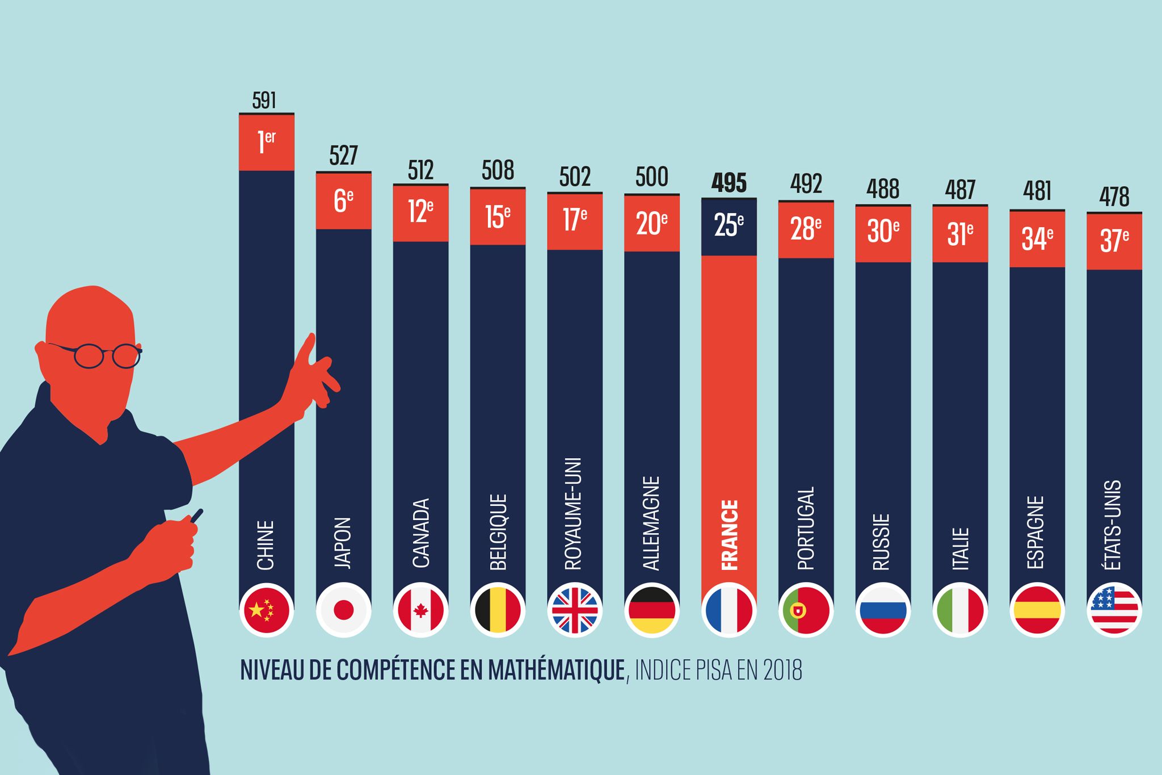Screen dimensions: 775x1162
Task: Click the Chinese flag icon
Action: pyautogui.click(x=266, y=610)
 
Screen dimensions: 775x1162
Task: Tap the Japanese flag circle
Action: pyautogui.click(x=343, y=610)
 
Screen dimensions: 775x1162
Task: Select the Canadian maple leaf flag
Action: pyautogui.click(x=420, y=610)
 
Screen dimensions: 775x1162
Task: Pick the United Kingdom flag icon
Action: pyautogui.click(x=575, y=610)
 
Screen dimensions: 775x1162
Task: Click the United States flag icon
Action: pyautogui.click(x=1114, y=610)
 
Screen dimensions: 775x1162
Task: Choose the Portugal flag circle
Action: pyautogui.click(x=806, y=610)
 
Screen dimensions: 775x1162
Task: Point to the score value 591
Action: pyautogui.click(x=264, y=100)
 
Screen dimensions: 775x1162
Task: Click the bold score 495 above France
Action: pyautogui.click(x=729, y=183)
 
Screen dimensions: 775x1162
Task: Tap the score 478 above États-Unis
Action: pyautogui.click(x=1114, y=197)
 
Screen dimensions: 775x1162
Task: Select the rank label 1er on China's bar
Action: pyautogui.click(x=266, y=141)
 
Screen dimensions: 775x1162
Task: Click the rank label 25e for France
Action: pyautogui.click(x=729, y=225)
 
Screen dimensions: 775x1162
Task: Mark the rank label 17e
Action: pyautogui.click(x=575, y=220)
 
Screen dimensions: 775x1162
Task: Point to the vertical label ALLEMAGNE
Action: pyautogui.click(x=651, y=523)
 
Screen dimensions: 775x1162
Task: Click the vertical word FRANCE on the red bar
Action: pyautogui.click(x=729, y=535)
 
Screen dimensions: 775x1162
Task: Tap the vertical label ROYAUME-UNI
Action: pyautogui.click(x=574, y=513)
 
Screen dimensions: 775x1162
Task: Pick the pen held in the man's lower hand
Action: pyautogui.click(x=196, y=516)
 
